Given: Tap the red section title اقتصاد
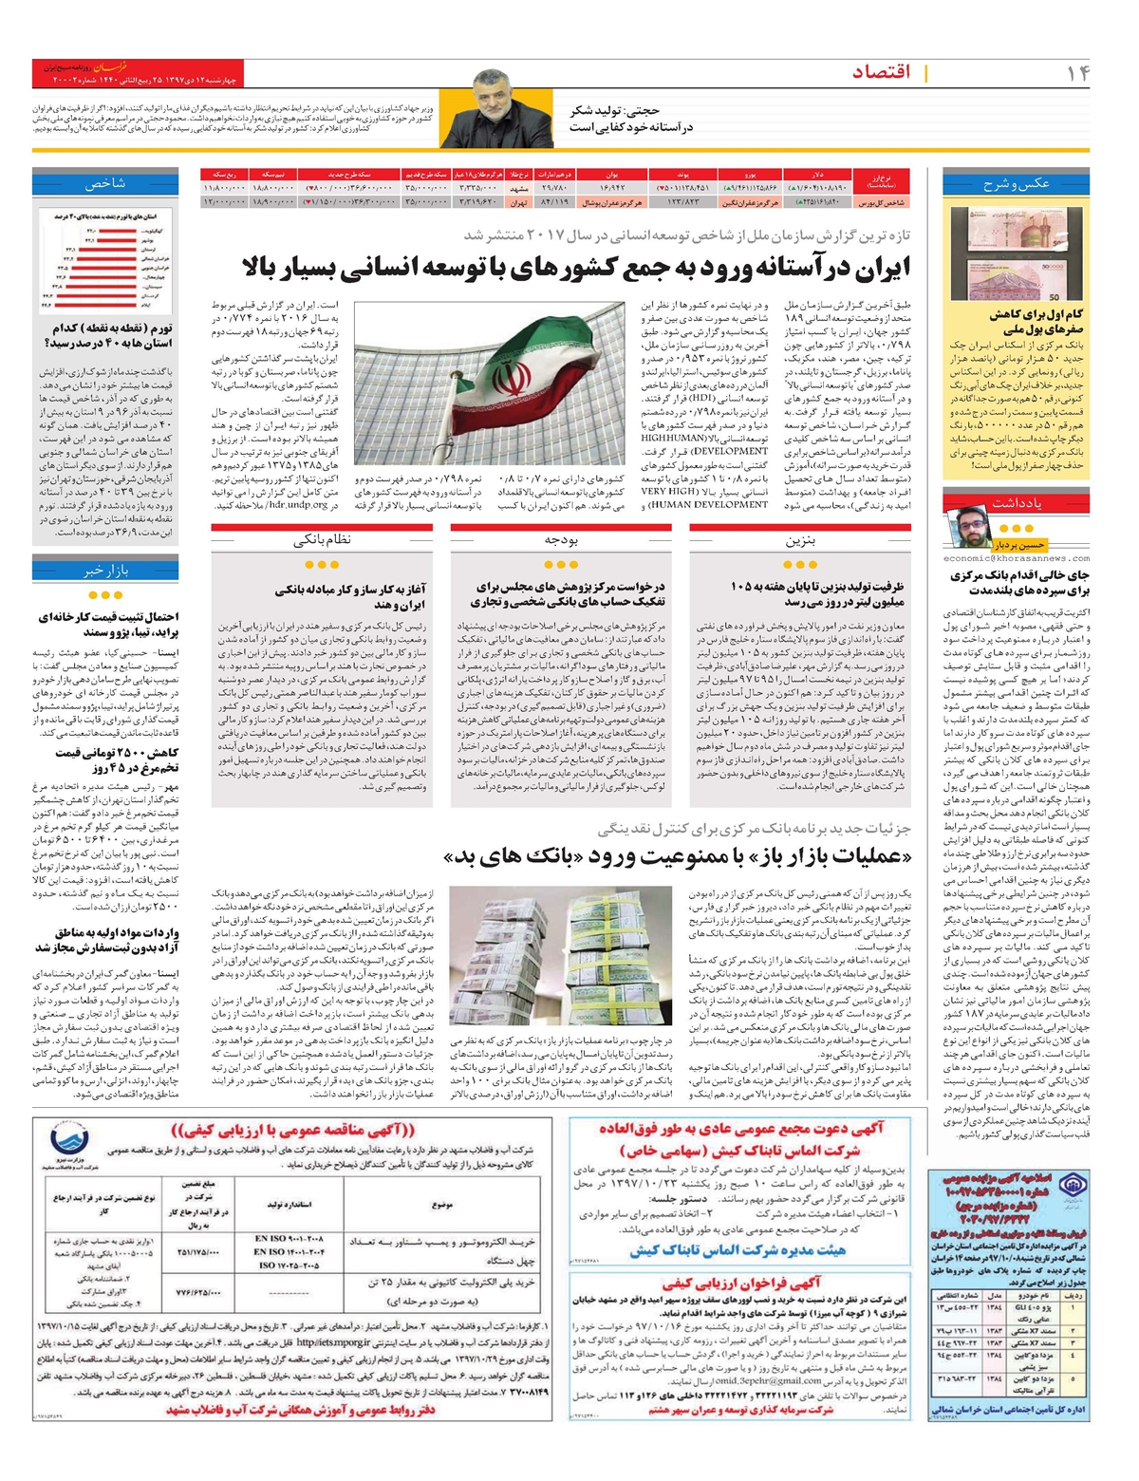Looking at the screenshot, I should pyautogui.click(x=881, y=72).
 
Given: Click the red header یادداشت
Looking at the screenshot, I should pyautogui.click(x=1017, y=502).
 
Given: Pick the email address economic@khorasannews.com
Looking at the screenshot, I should pyautogui.click(x=1017, y=559).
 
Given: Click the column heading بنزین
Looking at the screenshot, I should pyautogui.click(x=800, y=540).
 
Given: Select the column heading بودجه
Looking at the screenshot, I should pyautogui.click(x=561, y=540).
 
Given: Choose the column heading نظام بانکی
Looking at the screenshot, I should pyautogui.click(x=323, y=540).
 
